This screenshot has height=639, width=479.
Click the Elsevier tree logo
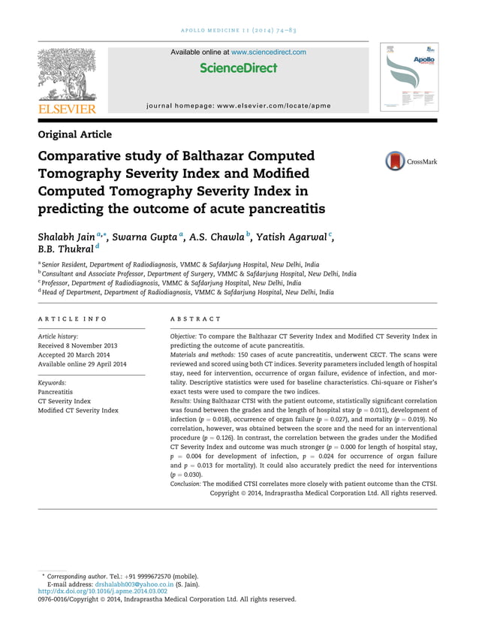pyautogui.click(x=67, y=75)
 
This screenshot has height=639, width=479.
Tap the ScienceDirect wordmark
pyautogui.click(x=239, y=68)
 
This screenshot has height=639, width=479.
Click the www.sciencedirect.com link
pyautogui.click(x=268, y=52)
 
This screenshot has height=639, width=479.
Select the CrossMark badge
pyautogui.click(x=411, y=161)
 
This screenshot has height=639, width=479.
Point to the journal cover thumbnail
pyautogui.click(x=408, y=77)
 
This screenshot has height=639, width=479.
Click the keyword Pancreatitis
pyautogui.click(x=56, y=391)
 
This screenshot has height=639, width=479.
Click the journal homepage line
pyautogui.click(x=238, y=106)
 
